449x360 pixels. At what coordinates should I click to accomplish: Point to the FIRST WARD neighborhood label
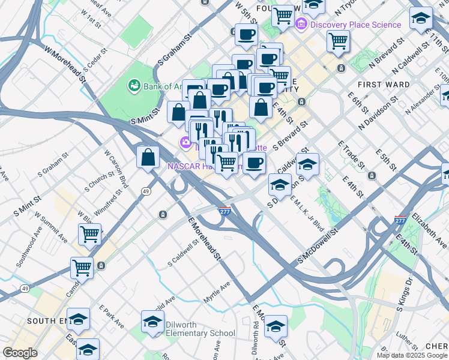pyautogui.click(x=384, y=85)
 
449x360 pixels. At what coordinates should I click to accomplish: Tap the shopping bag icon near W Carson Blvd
pyautogui.click(x=148, y=158)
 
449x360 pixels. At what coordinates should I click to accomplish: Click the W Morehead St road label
pyautogui.click(x=61, y=61)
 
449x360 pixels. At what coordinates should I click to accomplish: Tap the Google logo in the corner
pyautogui.click(x=20, y=353)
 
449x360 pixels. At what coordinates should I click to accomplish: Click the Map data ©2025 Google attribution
pyautogui.click(x=412, y=355)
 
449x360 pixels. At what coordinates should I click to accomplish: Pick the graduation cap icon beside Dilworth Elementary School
pyautogui.click(x=153, y=322)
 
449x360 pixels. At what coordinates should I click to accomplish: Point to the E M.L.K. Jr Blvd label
pyautogui.click(x=307, y=215)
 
